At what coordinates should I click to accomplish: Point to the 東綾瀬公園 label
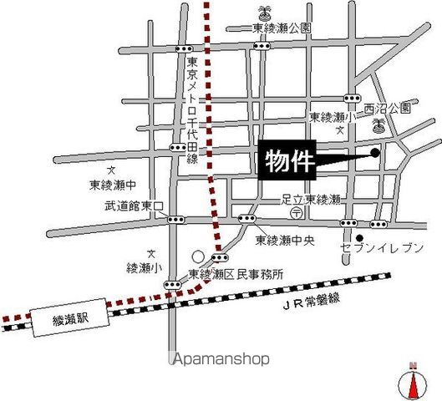coord(282,28)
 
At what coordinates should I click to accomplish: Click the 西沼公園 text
coord(388,109)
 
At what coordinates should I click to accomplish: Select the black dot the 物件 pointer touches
coord(374,152)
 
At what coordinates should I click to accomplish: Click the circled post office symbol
coord(295,214)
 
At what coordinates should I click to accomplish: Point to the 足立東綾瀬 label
coord(311,200)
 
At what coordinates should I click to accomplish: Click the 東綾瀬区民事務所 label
coord(236,273)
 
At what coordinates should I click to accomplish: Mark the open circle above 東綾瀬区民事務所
coord(198,256)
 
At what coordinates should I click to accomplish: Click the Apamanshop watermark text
coord(221,359)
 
